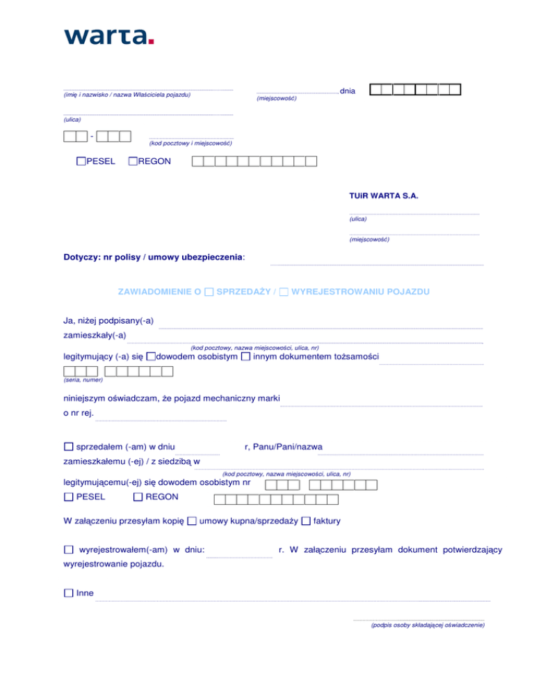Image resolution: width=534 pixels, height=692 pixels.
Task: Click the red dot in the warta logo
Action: click(151, 41)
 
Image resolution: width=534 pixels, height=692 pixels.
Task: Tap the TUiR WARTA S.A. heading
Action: click(383, 196)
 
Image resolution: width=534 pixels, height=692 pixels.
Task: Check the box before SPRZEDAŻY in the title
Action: click(209, 293)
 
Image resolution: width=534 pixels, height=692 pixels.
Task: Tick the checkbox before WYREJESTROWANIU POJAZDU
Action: click(284, 293)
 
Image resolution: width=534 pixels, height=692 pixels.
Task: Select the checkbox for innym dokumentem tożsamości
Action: click(245, 357)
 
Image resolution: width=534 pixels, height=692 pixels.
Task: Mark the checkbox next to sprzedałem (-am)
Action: click(68, 446)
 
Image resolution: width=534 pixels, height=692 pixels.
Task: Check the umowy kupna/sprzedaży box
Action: click(192, 521)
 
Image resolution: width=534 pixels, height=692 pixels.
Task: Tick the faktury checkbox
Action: click(306, 521)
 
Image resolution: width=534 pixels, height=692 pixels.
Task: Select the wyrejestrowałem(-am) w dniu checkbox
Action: click(68, 550)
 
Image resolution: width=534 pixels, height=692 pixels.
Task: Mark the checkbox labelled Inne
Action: click(68, 593)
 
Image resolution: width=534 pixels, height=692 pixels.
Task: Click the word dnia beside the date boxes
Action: click(348, 91)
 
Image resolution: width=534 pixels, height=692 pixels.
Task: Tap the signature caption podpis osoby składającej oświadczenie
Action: click(428, 625)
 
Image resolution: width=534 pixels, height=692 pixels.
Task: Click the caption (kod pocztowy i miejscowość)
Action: click(191, 143)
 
